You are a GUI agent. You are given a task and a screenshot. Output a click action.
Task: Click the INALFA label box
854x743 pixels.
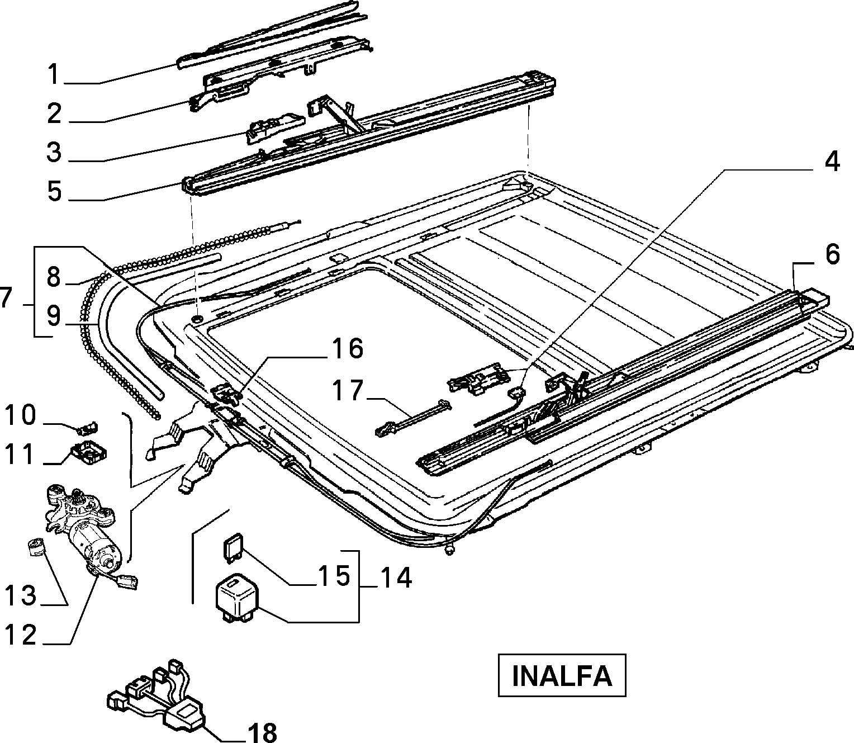[562, 675]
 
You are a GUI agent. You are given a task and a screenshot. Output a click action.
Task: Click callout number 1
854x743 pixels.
[54, 74]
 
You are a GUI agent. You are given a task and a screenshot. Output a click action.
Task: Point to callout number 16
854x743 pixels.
[347, 348]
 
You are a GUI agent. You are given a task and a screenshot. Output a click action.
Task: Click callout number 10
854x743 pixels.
[21, 415]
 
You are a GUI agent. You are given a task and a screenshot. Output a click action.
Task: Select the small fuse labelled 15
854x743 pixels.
[234, 547]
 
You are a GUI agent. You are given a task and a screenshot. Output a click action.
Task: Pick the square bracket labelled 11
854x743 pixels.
[88, 452]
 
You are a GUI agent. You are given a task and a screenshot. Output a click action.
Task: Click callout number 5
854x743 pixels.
[54, 191]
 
